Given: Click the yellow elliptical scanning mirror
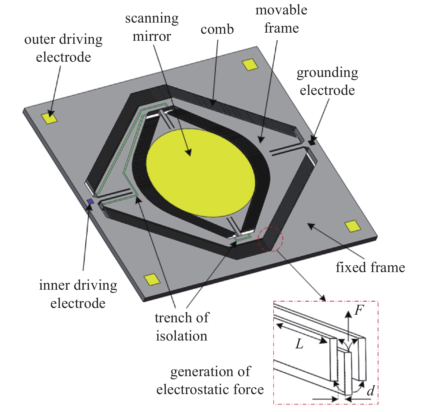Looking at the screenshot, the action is (x=201, y=173).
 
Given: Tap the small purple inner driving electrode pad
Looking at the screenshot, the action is (x=90, y=201).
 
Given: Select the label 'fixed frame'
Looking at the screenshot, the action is (x=370, y=267).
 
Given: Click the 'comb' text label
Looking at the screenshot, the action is (x=217, y=29).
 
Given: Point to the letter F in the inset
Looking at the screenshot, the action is (x=359, y=310).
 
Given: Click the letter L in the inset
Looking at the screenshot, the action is (x=299, y=344).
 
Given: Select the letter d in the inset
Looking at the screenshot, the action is (x=370, y=391).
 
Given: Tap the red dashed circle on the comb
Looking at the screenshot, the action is (x=271, y=239).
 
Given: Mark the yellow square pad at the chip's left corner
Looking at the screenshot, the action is (x=49, y=118).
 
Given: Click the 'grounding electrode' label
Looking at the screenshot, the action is (x=327, y=81).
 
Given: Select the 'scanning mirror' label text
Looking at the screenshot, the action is (x=152, y=27).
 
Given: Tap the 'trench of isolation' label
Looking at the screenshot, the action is (x=182, y=327).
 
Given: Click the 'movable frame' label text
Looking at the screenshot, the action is (x=282, y=19).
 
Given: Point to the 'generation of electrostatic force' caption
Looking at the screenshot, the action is (x=210, y=380).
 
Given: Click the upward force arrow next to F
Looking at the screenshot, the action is (x=348, y=325).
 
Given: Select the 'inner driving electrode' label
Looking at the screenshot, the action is (x=78, y=294).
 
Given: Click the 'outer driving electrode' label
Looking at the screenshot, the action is (x=63, y=48).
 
